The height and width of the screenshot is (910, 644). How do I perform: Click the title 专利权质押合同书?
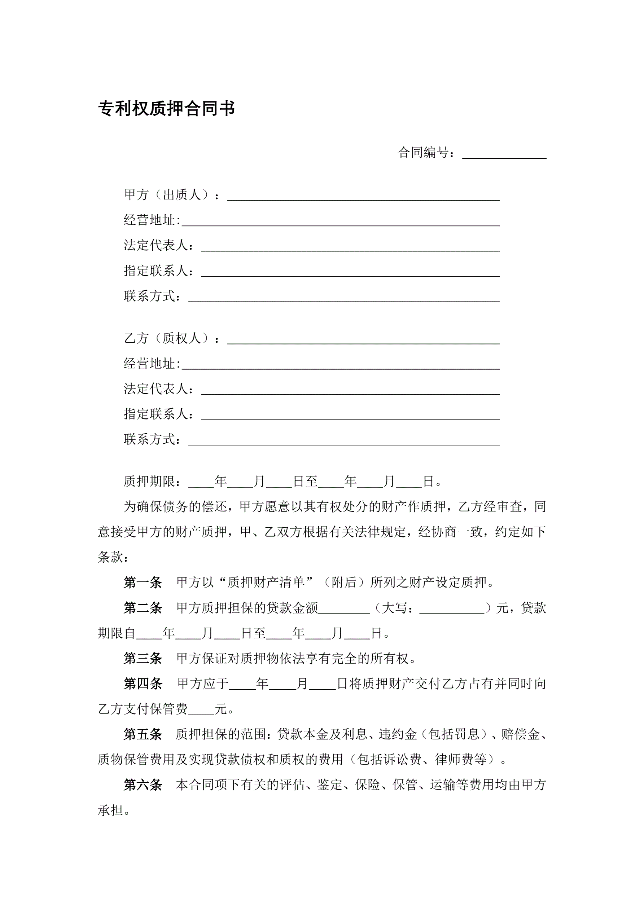(x=166, y=109)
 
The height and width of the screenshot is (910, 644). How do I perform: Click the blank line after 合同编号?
(x=504, y=154)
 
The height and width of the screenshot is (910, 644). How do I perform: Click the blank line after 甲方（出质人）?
(x=363, y=196)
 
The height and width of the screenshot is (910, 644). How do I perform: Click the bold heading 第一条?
(x=143, y=582)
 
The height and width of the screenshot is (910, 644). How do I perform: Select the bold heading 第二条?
(x=143, y=608)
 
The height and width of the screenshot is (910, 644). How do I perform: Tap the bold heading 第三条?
(x=143, y=658)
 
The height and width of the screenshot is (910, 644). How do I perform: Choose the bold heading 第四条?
(x=143, y=684)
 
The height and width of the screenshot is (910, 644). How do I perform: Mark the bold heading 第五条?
(x=143, y=734)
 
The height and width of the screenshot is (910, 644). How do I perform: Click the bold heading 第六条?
(x=143, y=785)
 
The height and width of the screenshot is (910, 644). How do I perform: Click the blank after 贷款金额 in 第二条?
(x=344, y=610)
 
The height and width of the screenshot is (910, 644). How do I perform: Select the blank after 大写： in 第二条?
(x=452, y=610)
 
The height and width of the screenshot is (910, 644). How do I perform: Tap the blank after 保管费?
(x=201, y=711)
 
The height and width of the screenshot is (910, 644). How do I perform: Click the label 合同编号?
(x=423, y=152)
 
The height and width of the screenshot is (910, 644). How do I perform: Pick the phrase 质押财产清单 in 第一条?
(x=266, y=582)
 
